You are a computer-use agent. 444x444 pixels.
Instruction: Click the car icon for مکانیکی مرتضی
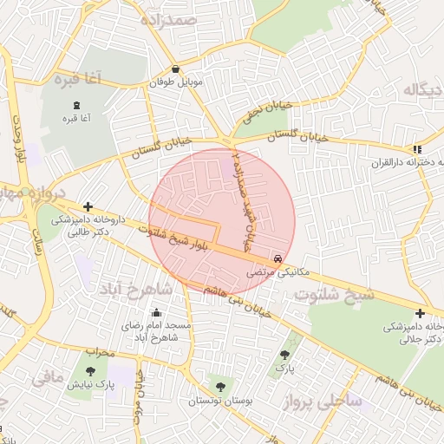(x=277, y=258)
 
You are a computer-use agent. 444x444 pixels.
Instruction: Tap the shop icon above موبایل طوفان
(x=176, y=69)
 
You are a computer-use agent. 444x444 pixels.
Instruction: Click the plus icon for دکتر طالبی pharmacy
(x=88, y=206)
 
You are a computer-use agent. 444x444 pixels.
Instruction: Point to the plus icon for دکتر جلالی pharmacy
(x=420, y=313)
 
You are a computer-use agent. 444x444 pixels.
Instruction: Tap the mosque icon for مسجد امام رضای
(x=157, y=313)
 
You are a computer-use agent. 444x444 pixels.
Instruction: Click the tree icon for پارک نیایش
(x=90, y=371)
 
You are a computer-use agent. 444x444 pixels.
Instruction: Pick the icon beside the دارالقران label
(x=417, y=149)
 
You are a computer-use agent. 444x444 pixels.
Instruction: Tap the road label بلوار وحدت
(x=18, y=139)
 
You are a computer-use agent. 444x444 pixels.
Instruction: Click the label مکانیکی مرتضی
(x=269, y=272)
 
